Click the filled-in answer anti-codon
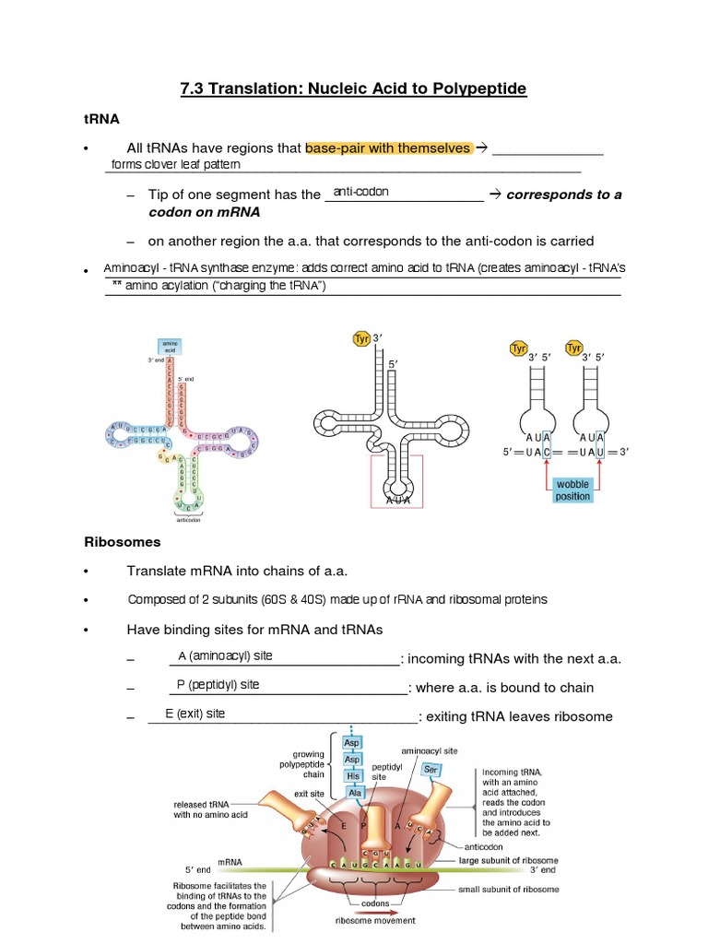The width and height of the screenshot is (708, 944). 361,192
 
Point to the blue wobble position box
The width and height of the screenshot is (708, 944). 572,490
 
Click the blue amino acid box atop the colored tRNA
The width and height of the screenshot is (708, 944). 171,346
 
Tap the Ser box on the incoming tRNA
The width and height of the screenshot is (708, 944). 430,768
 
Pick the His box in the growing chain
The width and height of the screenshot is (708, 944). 352,775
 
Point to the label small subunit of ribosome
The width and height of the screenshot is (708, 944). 508,890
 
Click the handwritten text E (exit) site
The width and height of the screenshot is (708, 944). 195,714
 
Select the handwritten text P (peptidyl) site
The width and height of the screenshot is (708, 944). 218,684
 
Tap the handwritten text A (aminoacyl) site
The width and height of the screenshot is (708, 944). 225,655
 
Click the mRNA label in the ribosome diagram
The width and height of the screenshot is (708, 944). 230,862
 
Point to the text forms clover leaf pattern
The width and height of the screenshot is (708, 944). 175,164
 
